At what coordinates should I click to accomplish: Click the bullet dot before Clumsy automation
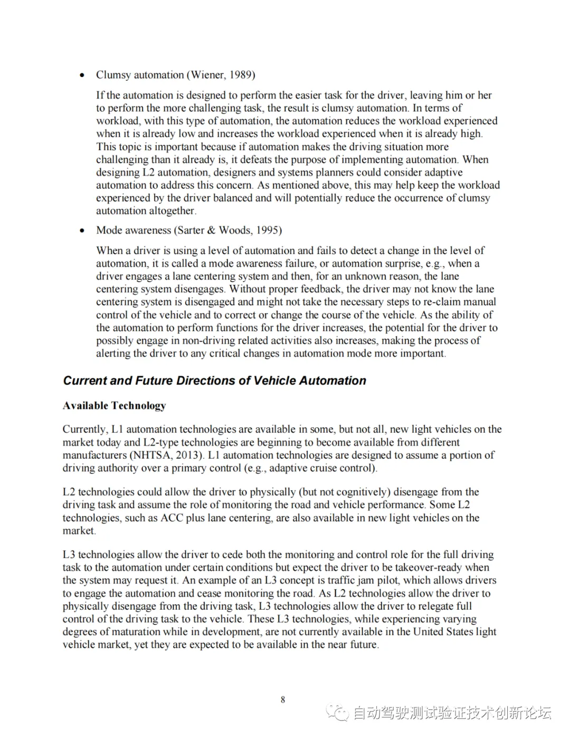coord(82,75)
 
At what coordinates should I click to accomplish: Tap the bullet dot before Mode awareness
coord(82,230)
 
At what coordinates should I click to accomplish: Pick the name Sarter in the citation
coord(189,230)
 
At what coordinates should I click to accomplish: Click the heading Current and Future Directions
coord(214,381)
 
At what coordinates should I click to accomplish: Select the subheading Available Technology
coord(114,406)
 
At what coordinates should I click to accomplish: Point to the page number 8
coord(283,700)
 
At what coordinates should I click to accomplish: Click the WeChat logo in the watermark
coord(338,713)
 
